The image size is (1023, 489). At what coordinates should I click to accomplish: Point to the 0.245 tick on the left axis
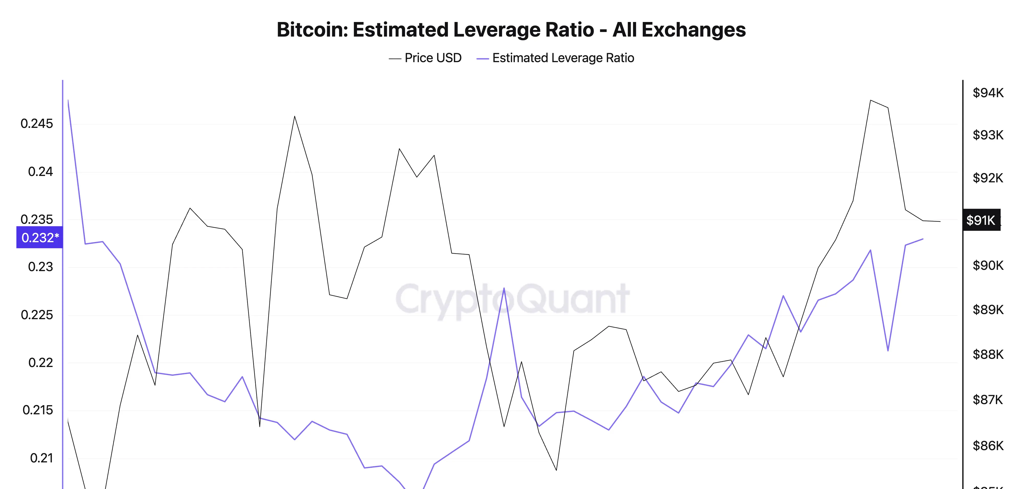[37, 124]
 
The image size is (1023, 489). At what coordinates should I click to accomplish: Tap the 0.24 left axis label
[40, 172]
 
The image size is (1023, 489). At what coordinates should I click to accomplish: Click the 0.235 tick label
[37, 219]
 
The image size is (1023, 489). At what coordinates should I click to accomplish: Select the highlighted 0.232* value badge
[40, 238]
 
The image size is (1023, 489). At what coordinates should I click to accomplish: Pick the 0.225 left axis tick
[37, 315]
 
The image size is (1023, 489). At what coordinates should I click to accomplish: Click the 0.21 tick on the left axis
[41, 458]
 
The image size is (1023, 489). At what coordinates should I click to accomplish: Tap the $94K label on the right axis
[988, 93]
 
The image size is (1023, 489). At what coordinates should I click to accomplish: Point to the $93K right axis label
[988, 135]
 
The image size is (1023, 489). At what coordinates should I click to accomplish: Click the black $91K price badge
[981, 220]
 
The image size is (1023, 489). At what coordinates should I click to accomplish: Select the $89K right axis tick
[988, 309]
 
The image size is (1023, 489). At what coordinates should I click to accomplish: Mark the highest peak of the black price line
[871, 101]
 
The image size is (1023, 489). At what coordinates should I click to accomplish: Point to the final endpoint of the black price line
[940, 221]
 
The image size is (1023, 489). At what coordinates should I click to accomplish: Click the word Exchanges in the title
[693, 30]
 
